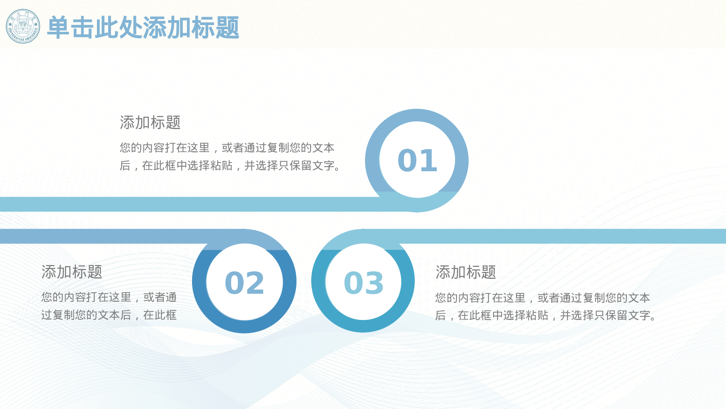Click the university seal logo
(23, 27)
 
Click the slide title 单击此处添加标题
(143, 28)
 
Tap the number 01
(417, 161)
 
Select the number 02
(244, 283)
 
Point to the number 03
(363, 283)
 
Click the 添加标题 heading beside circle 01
(150, 123)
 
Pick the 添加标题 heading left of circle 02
(72, 272)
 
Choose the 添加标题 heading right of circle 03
(465, 272)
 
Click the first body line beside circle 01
(227, 148)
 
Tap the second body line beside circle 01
(230, 166)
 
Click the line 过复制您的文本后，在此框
(109, 315)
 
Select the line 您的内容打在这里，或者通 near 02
(109, 297)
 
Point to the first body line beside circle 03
(542, 298)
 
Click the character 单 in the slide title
(58, 28)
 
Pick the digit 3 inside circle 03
(374, 283)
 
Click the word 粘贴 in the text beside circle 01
(221, 166)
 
